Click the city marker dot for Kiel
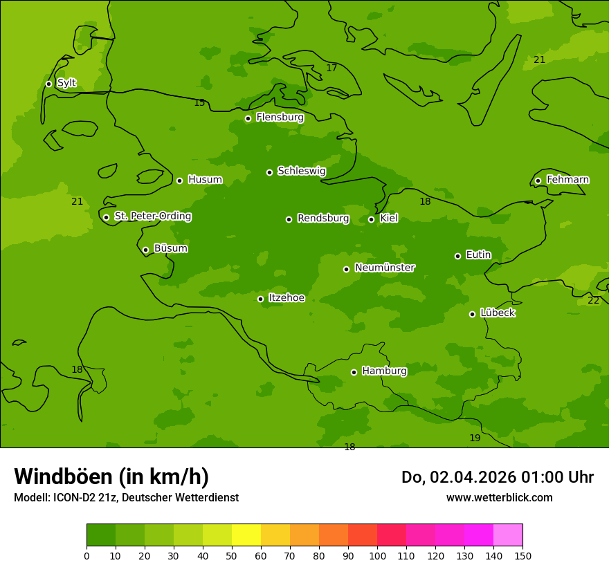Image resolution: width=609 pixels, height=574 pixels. [x=371, y=219]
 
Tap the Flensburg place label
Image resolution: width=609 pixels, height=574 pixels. [x=280, y=118]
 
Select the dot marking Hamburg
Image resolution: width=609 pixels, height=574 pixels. [x=354, y=372]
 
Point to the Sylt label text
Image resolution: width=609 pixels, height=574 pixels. [x=66, y=83]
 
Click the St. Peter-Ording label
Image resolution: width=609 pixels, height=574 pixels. [x=152, y=216]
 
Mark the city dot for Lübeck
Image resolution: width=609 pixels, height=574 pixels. [x=472, y=314]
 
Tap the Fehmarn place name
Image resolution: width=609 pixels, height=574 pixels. [x=567, y=180]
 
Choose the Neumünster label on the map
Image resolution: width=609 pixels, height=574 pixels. [x=385, y=268]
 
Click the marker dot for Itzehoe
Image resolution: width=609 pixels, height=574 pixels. [x=260, y=299]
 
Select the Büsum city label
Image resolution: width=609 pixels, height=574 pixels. [x=170, y=248]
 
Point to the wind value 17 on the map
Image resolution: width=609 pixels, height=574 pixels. [x=331, y=68]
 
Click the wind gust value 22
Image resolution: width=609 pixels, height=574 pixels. [x=593, y=300]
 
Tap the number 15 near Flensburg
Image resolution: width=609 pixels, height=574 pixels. [x=199, y=103]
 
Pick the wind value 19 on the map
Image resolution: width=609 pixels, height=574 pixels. [x=475, y=438]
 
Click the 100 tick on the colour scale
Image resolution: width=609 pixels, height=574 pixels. [x=377, y=555]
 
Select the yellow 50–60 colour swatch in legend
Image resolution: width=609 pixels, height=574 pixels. [x=246, y=535]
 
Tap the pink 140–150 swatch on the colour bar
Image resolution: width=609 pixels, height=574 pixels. [x=508, y=535]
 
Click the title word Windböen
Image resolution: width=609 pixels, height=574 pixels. [x=63, y=476]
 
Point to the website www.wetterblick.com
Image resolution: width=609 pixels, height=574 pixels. [x=499, y=497]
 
